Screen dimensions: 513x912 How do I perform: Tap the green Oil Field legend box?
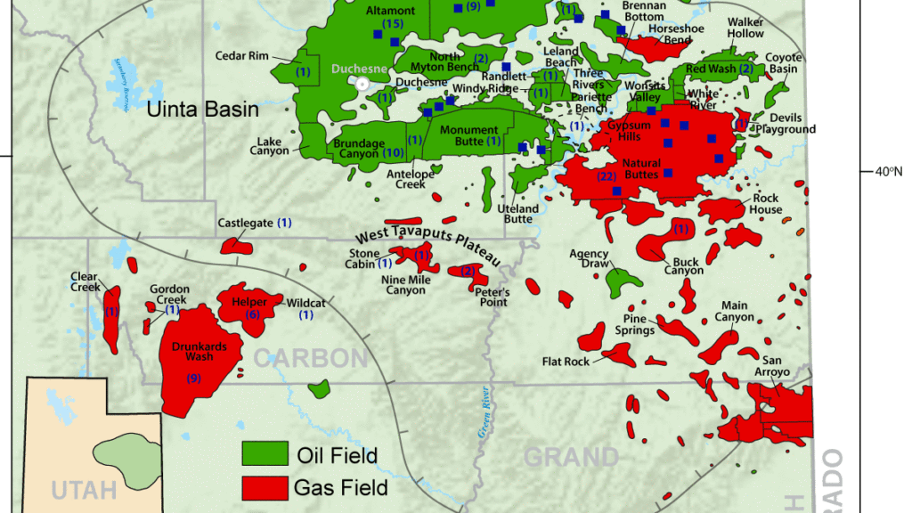click(265, 453)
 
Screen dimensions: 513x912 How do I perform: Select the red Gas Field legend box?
click(265, 486)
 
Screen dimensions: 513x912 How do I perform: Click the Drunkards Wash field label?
click(193, 351)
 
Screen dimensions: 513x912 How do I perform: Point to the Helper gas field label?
click(249, 302)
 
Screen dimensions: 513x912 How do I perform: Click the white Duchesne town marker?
click(362, 83)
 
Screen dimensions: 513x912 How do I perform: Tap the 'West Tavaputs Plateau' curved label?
click(427, 240)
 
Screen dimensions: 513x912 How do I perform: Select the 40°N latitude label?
click(888, 171)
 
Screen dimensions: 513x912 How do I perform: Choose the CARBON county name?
click(310, 358)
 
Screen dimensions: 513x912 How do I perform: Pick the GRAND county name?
click(570, 457)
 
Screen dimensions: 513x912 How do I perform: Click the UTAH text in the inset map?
click(85, 490)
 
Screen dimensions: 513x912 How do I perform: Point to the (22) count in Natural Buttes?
click(606, 176)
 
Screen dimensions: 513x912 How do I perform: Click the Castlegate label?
click(246, 222)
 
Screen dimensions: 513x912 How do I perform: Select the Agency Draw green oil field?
click(623, 281)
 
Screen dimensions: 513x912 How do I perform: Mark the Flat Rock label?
click(566, 362)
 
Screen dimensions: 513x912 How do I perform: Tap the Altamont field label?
click(391, 11)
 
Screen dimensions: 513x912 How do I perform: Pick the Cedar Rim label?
click(241, 56)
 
